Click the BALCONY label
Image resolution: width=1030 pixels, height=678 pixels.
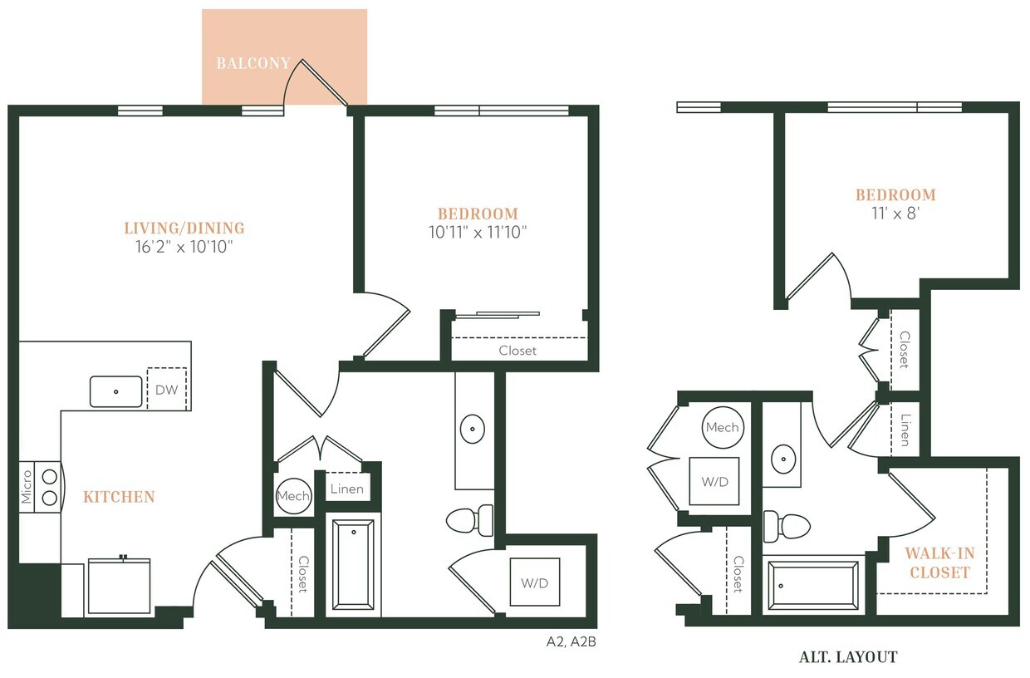(x=253, y=63)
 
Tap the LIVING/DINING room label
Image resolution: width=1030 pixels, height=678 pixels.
(x=184, y=228)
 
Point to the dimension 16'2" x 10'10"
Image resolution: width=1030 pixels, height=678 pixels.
(x=184, y=246)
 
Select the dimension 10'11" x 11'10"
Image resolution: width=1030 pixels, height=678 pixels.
(x=478, y=232)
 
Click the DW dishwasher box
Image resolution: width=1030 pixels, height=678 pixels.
(x=167, y=388)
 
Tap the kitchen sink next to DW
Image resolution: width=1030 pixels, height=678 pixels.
(x=116, y=391)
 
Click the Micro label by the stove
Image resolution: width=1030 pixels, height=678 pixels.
(x=27, y=487)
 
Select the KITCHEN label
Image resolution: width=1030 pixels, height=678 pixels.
(x=119, y=497)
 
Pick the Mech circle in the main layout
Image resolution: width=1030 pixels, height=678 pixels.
(x=293, y=496)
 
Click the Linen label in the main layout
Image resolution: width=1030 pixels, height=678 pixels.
(x=346, y=489)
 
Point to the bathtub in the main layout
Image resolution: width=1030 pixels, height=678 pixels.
(x=356, y=565)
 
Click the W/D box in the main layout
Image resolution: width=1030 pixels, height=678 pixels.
(x=534, y=582)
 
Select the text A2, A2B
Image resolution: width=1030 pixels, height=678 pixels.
(x=571, y=641)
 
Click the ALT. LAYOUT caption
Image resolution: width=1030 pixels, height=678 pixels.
(x=848, y=657)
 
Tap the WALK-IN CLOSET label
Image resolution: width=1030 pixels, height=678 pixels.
(x=939, y=563)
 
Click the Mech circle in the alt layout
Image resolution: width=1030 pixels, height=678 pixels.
(x=722, y=427)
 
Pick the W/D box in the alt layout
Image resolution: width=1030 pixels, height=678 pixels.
(x=714, y=481)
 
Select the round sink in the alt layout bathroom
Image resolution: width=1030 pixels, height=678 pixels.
(x=783, y=458)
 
